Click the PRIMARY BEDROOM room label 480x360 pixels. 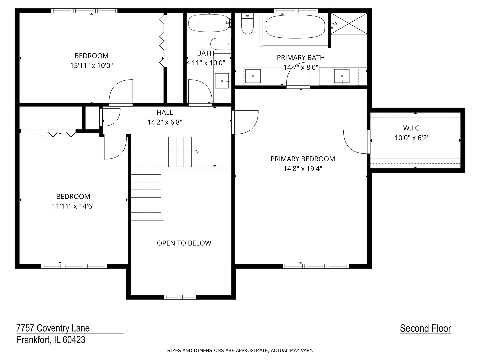[x=303, y=159]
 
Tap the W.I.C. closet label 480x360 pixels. [x=412, y=128]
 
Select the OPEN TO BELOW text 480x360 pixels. [x=184, y=243]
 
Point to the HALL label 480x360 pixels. [x=165, y=113]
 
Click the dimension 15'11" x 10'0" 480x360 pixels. [x=91, y=65]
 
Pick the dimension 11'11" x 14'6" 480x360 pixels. [x=73, y=206]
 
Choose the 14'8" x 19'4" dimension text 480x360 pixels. [x=303, y=169]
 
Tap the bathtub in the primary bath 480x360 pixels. [x=295, y=27]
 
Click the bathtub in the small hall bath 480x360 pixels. [x=208, y=23]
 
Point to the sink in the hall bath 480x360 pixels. [x=222, y=81]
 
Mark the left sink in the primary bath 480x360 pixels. [x=253, y=76]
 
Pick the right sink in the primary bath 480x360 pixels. [x=342, y=76]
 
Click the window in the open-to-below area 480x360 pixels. [x=180, y=297]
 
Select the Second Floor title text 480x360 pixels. [x=425, y=329]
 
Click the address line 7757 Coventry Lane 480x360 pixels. [x=53, y=328]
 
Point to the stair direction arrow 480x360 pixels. [x=197, y=152]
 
